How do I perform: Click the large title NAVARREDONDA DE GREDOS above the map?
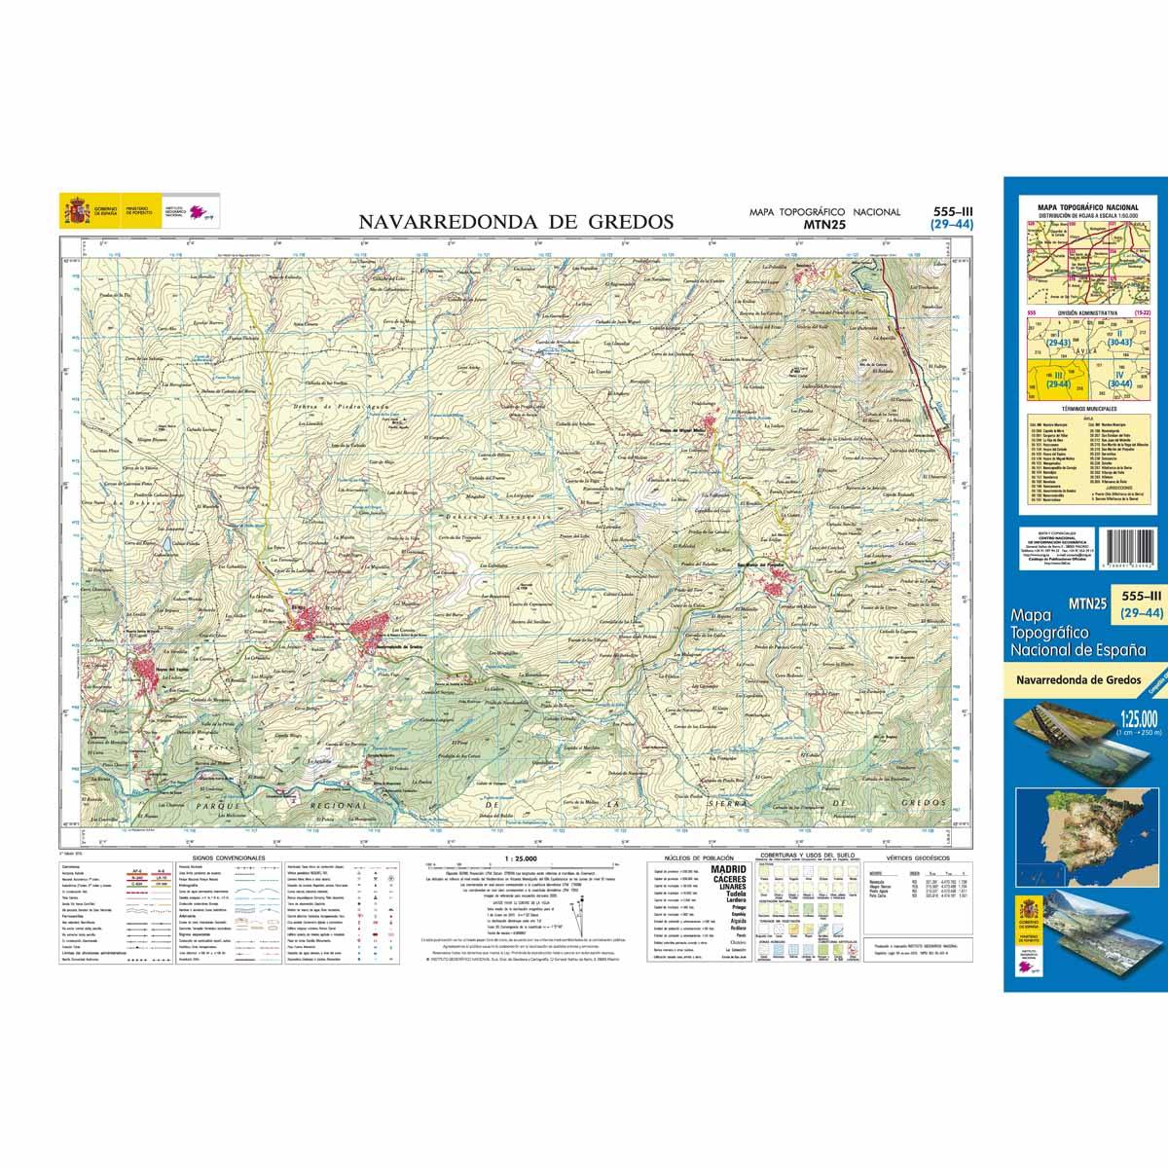[516, 221]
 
